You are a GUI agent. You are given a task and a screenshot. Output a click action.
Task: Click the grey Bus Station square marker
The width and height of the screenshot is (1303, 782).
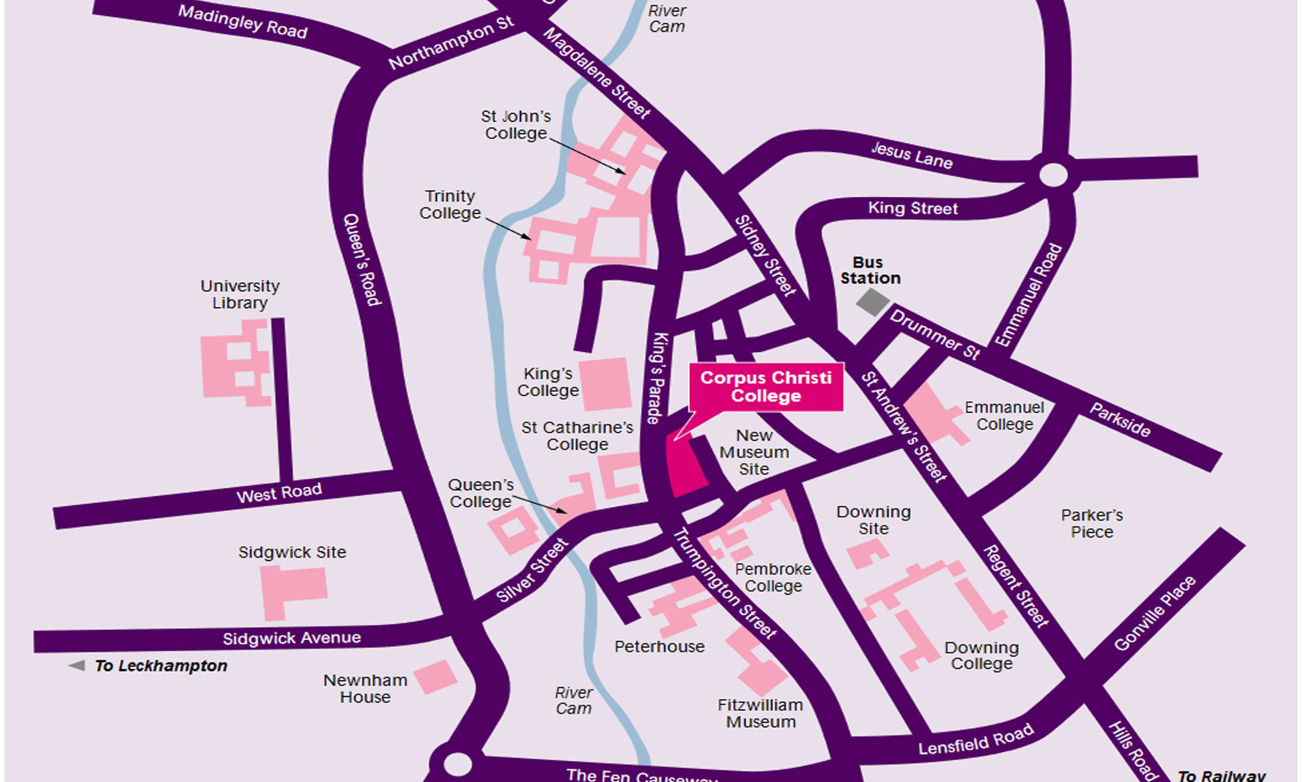[872, 302]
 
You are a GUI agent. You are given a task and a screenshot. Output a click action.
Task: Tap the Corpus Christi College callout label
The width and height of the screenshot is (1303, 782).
[766, 387]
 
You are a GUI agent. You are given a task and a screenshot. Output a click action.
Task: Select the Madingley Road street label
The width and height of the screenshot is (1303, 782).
[242, 22]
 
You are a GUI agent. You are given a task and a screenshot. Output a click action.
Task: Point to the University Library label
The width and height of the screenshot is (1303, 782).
[240, 295]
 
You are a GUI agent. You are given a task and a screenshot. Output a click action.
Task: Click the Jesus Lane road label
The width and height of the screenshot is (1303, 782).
[911, 156]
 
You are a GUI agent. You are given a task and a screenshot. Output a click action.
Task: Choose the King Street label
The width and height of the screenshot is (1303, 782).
[913, 209]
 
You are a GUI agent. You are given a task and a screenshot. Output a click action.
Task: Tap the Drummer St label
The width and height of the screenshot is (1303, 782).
[935, 335]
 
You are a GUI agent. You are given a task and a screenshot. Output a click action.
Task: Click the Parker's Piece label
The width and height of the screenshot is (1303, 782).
[1092, 523]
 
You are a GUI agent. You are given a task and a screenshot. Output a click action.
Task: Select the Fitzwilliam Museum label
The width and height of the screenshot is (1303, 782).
[760, 714]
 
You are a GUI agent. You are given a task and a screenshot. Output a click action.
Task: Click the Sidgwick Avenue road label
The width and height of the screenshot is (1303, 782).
[291, 638]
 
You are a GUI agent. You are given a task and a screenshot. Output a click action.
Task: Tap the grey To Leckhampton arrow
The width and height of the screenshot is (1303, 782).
[77, 665]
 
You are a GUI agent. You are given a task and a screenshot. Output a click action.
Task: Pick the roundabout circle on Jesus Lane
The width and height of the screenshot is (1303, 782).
[1053, 175]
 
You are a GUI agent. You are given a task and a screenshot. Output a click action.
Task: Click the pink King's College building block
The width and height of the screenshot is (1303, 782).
[605, 384]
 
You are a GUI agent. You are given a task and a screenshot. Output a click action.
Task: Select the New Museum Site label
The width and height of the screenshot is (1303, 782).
[754, 452]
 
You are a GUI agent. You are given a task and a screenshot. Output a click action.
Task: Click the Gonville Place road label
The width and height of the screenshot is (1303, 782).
[1154, 613]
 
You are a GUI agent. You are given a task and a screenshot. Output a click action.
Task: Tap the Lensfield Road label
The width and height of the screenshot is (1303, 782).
[975, 740]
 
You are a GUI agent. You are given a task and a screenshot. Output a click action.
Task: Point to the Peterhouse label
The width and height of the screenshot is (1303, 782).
[659, 646]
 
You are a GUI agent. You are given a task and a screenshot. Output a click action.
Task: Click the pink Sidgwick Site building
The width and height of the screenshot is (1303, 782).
[293, 590]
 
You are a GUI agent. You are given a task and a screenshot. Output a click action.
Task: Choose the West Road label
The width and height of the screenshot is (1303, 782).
[279, 493]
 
